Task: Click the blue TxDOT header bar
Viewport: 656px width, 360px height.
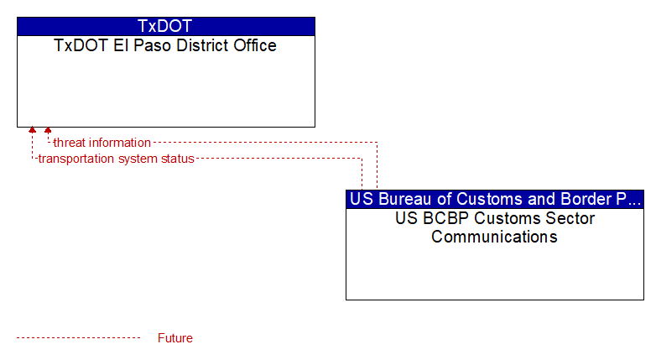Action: (165, 26)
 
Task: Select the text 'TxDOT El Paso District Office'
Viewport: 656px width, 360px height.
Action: (165, 45)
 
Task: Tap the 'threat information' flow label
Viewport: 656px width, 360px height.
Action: (102, 143)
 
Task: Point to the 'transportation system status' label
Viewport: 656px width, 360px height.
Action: (117, 159)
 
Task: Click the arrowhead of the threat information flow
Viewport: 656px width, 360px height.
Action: (48, 130)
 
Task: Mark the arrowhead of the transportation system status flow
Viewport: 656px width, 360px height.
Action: (32, 130)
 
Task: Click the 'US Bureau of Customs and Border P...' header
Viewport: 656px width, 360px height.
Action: (495, 199)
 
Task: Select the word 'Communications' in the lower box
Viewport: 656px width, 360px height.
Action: (494, 237)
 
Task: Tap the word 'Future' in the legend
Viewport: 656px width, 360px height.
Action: (174, 338)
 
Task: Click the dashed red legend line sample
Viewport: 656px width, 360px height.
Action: (78, 338)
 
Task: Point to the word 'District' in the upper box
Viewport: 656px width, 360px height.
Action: (202, 45)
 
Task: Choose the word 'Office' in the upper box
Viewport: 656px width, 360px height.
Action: (255, 45)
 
